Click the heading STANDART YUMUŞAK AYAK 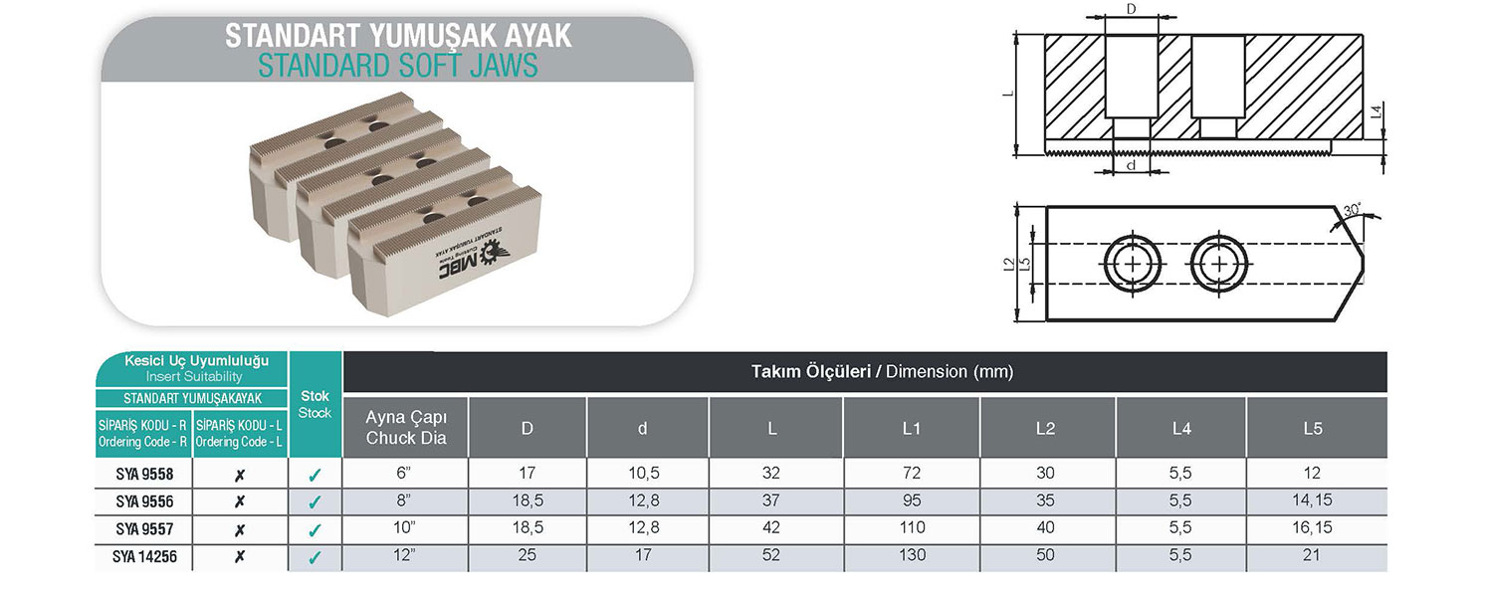coord(398,36)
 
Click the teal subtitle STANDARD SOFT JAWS coord(398,66)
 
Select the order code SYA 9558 coord(145,475)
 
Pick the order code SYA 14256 coord(145,557)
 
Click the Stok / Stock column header coord(315,403)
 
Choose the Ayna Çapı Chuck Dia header coord(405,428)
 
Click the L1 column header coord(911,428)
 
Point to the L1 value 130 coord(911,556)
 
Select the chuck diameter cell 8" coord(405,501)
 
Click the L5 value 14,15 coord(1316,501)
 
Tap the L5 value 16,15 coord(1316,528)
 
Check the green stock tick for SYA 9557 coord(315,530)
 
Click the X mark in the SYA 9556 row coord(239,502)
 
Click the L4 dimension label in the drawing coord(1375,114)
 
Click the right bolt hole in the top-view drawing coord(1216,264)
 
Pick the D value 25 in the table coord(528,556)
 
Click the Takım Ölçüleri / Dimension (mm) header coord(881,372)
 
